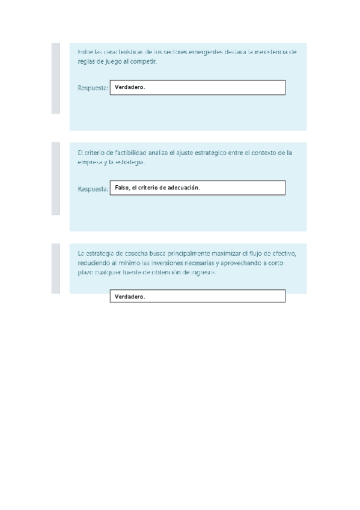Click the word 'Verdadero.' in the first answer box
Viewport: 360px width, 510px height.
[130, 88]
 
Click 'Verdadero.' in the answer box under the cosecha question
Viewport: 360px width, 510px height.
[130, 297]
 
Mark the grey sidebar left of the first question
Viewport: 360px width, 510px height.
[55, 78]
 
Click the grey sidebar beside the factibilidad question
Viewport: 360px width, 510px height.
[55, 179]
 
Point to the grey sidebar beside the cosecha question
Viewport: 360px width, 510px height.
[55, 268]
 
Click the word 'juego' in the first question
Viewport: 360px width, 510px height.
[114, 61]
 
